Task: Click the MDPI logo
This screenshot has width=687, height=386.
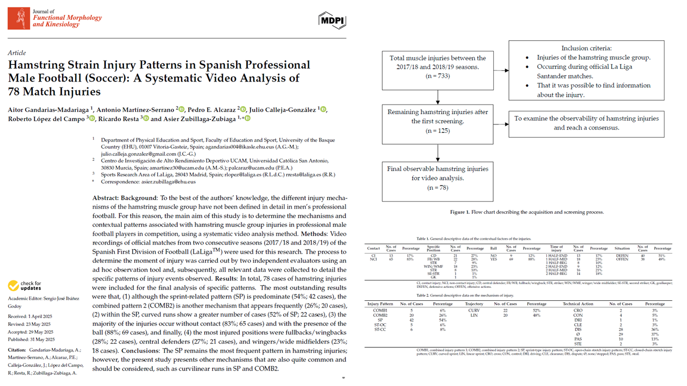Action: point(332,20)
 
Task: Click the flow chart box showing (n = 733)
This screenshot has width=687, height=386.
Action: point(438,66)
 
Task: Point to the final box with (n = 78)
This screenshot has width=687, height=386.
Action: point(438,177)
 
